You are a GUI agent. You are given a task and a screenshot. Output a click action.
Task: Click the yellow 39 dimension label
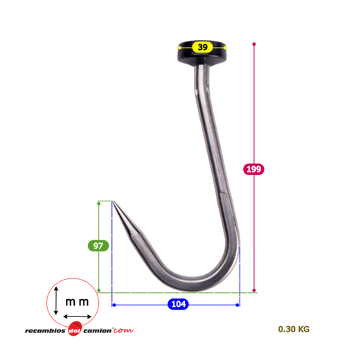click(202, 47)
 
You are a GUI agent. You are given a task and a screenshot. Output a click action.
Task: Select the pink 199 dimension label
click(253, 169)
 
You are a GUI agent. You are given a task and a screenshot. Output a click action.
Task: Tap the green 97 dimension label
click(98, 246)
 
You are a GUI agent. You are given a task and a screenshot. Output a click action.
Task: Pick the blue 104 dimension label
click(178, 304)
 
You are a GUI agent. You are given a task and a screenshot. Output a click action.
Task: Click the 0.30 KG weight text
click(294, 329)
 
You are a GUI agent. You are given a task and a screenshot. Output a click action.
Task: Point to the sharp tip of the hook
click(114, 201)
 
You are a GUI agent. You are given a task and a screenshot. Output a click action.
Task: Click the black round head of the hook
click(202, 53)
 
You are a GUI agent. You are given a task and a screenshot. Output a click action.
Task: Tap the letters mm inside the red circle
click(77, 302)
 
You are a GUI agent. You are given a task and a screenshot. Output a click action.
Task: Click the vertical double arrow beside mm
click(56, 300)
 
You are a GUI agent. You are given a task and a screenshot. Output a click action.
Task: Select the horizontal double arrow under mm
click(78, 316)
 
